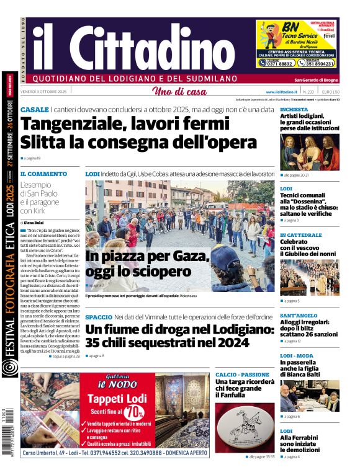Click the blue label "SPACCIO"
(99, 317)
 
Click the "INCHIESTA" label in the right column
(294, 109)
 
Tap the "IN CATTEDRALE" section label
(301, 235)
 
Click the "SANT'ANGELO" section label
(299, 316)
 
